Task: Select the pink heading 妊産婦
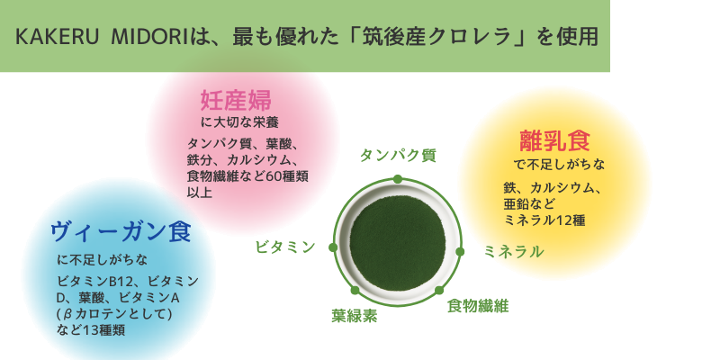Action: coord(236,101)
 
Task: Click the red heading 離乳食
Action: coord(554,140)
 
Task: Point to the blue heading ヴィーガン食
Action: coord(121,232)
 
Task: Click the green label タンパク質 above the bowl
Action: coord(398,156)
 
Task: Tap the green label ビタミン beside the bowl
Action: coord(285,247)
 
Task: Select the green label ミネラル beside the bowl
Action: coord(514,252)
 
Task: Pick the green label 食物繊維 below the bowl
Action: coord(478,305)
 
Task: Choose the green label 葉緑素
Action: coord(355,316)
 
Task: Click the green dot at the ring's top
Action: coord(398,179)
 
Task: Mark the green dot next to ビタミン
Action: coord(333,247)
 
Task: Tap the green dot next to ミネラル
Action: coord(460,252)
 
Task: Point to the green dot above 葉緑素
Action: coord(355,290)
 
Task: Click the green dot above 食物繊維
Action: coord(439,290)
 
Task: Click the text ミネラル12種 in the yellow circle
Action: coord(544,220)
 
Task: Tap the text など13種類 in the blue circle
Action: coord(91,329)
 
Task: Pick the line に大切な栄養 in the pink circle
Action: coord(240,123)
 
